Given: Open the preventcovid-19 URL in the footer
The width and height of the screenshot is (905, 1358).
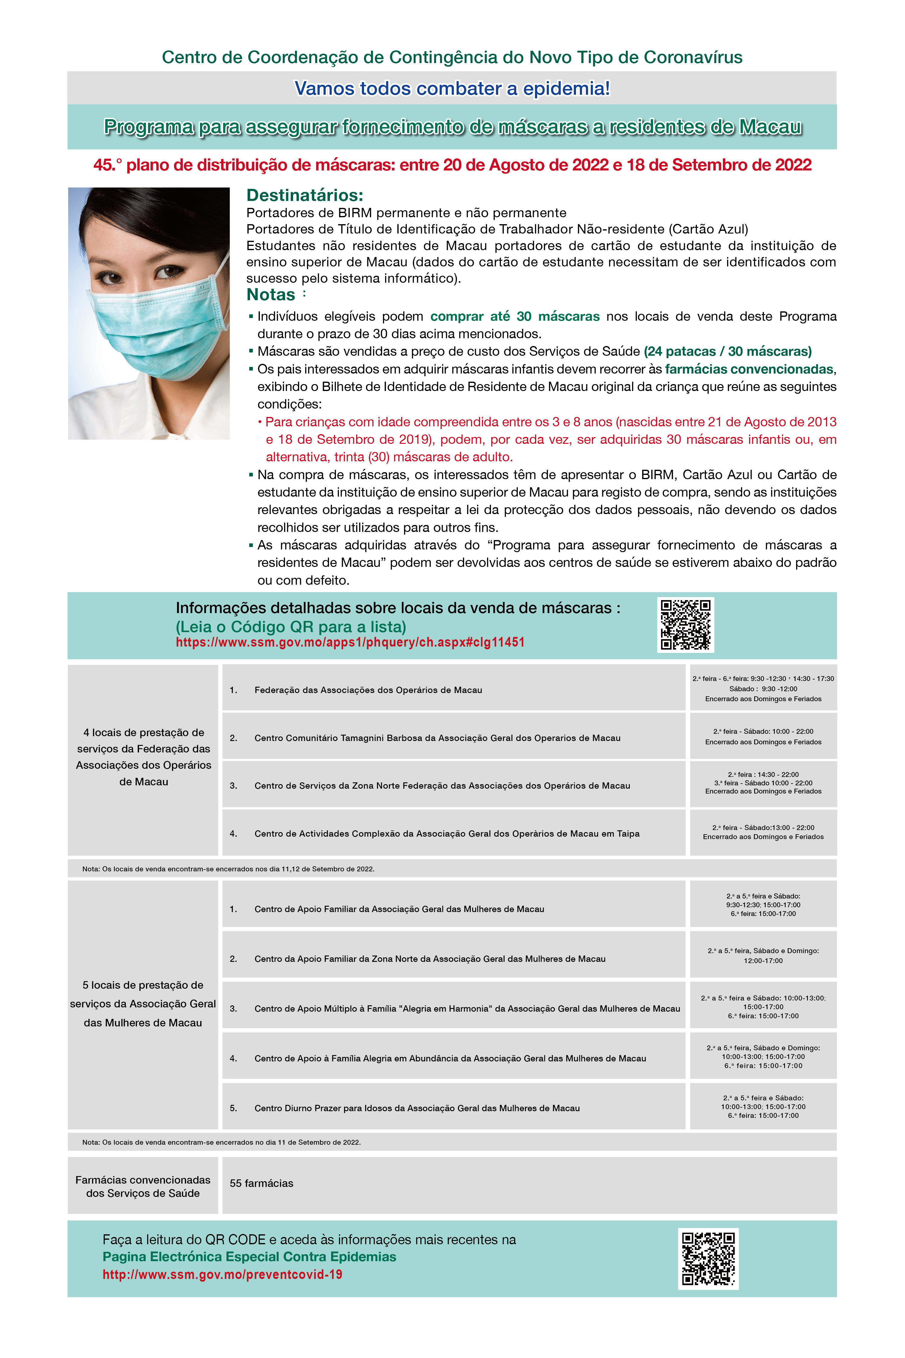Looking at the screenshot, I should [222, 1274].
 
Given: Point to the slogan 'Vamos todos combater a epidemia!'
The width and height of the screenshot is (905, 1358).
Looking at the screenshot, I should [452, 88].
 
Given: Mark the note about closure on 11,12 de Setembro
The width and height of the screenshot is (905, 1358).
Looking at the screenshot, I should [229, 869].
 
